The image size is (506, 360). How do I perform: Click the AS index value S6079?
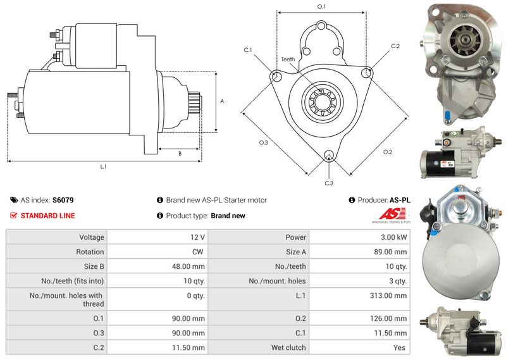[x=63, y=200]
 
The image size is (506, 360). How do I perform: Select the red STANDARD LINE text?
[x=48, y=216]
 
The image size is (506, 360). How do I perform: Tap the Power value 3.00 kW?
[x=393, y=237]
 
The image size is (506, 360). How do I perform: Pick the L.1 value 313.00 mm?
[x=388, y=295]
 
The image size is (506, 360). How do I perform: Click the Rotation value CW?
[x=198, y=252]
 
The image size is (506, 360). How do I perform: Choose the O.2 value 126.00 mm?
[x=388, y=319]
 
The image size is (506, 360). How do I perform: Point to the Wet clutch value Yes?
[x=399, y=348]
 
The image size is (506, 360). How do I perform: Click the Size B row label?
[x=94, y=266]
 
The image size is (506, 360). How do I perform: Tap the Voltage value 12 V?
[x=197, y=237]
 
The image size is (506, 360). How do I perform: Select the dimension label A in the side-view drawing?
[x=222, y=101]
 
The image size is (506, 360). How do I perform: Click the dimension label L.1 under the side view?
[x=103, y=166]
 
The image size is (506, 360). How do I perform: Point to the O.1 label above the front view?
[x=322, y=6]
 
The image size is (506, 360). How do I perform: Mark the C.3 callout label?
[x=329, y=183]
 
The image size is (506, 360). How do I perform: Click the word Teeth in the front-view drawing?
[x=288, y=59]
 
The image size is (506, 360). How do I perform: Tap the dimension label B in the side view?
[x=180, y=154]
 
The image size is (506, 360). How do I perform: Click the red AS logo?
[x=392, y=214]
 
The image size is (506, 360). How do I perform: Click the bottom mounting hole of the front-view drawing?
[x=329, y=155]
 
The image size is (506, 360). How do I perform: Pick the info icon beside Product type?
[x=160, y=216]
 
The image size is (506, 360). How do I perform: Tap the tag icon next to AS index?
[x=14, y=200]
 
